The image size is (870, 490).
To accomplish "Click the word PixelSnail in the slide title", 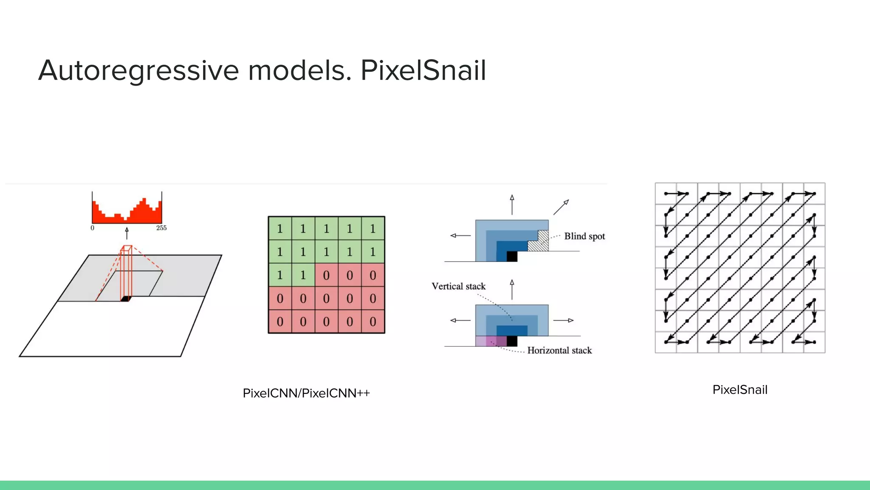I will [423, 71].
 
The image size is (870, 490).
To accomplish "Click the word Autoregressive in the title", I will [138, 71].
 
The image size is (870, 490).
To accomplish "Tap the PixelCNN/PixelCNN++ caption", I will [306, 393].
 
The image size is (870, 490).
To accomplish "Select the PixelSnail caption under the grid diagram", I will [740, 390].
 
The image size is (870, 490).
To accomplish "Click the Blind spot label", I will [584, 236].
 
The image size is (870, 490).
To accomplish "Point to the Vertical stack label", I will [458, 286].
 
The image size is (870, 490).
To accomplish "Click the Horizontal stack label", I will [559, 350].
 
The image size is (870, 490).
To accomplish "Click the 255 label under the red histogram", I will [161, 228].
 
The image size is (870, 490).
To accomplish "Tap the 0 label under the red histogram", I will [93, 228].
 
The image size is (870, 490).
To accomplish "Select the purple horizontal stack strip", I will [491, 341].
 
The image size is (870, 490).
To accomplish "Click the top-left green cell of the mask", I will [280, 228].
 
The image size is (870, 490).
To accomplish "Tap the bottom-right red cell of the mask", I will [373, 322].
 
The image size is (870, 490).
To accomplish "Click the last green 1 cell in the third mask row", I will [303, 275].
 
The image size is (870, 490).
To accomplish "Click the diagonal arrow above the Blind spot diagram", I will [561, 207].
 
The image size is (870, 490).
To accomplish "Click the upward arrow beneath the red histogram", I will [127, 233].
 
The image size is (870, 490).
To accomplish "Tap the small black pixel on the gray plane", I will [125, 299].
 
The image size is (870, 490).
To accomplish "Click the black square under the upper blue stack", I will [512, 256].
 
